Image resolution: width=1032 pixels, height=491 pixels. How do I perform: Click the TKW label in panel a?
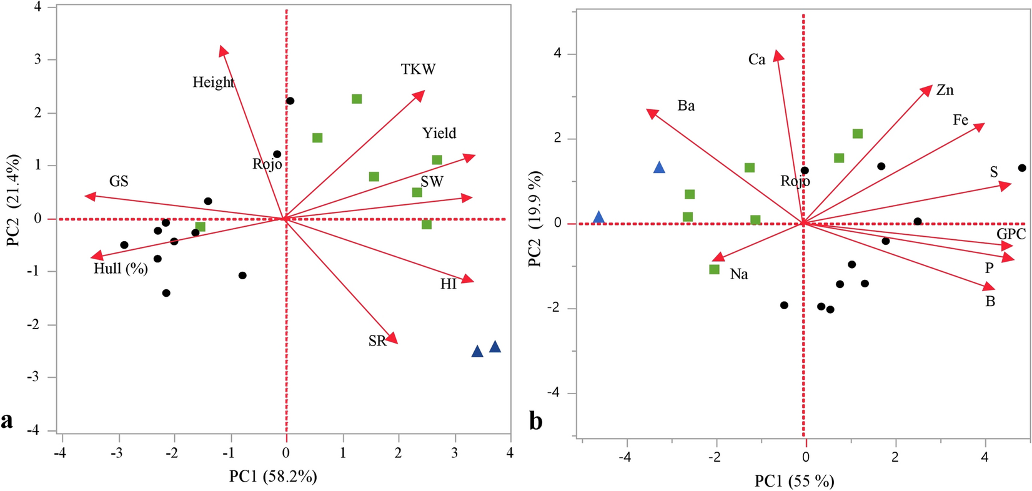tap(418, 69)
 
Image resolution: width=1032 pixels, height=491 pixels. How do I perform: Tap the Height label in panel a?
tap(213, 82)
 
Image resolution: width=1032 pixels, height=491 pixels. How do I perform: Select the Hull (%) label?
tap(121, 269)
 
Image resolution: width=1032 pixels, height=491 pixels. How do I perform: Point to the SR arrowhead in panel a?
tap(393, 339)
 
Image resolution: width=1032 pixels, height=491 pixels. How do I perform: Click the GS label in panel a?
tap(119, 182)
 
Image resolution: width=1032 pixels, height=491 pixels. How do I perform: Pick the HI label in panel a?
tap(448, 284)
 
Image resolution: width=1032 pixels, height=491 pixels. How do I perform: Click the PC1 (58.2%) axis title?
tap(273, 477)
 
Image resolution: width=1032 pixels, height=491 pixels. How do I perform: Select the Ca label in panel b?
tap(757, 60)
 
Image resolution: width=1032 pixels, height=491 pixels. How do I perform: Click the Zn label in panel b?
tap(945, 91)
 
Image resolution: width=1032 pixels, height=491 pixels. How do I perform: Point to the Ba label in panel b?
tap(686, 106)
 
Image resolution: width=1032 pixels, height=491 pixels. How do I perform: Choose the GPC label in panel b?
tap(1011, 234)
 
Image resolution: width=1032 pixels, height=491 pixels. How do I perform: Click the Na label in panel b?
tap(738, 274)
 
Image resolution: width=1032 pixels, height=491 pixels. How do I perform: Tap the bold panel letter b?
tap(536, 421)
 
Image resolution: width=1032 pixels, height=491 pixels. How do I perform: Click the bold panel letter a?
tap(7, 420)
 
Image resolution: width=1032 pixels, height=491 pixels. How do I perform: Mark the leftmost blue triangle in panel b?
tap(598, 218)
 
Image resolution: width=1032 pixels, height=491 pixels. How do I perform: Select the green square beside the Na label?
tap(714, 269)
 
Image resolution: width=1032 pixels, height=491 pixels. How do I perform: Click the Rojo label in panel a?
tap(267, 164)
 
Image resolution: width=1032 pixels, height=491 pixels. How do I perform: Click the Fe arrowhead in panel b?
tap(979, 127)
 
